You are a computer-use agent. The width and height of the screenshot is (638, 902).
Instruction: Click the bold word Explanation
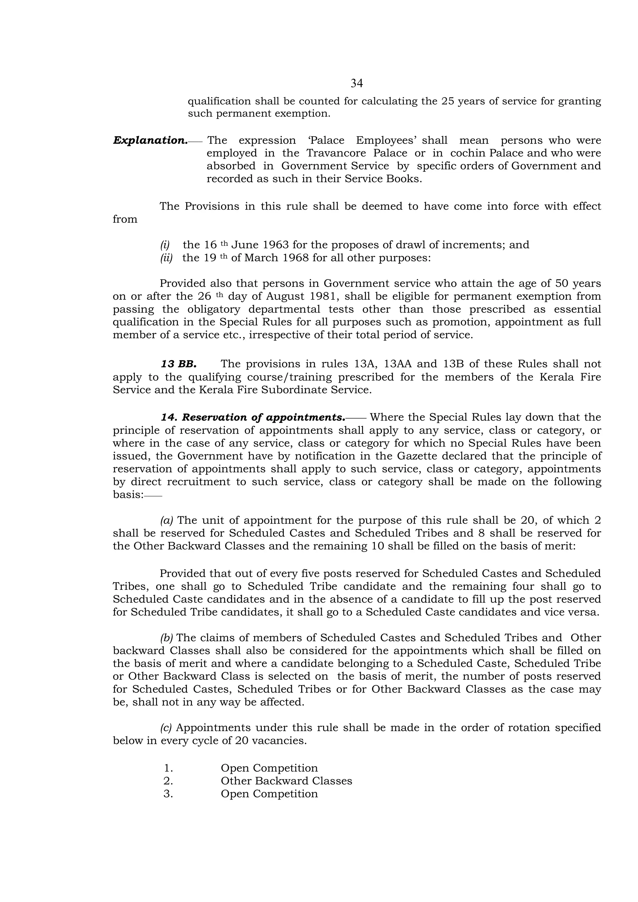[x=150, y=140]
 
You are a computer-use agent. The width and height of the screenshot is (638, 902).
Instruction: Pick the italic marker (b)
[x=167, y=638]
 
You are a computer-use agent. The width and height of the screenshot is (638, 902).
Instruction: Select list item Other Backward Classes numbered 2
[x=286, y=781]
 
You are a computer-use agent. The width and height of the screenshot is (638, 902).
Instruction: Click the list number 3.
[x=168, y=794]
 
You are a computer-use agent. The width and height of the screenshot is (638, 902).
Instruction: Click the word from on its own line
[x=125, y=219]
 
